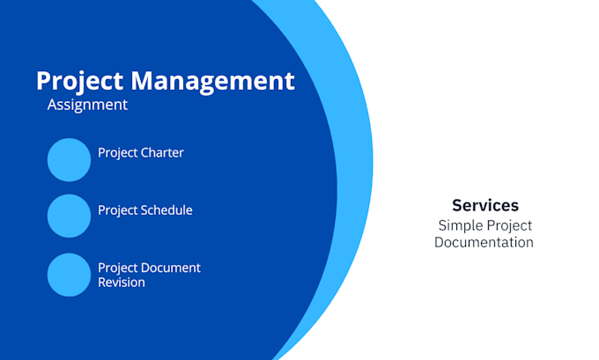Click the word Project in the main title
pyautogui.click(x=80, y=82)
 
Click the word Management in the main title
pyautogui.click(x=212, y=82)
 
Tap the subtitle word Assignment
pyautogui.click(x=87, y=105)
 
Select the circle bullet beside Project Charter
pyautogui.click(x=69, y=159)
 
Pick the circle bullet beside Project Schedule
pyautogui.click(x=69, y=217)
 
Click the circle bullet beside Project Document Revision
pyautogui.click(x=69, y=275)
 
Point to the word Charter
pyautogui.click(x=162, y=153)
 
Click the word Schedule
pyautogui.click(x=166, y=210)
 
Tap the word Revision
pyautogui.click(x=122, y=283)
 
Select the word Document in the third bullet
pyautogui.click(x=172, y=268)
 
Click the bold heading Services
pyautogui.click(x=485, y=205)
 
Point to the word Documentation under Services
pyautogui.click(x=484, y=242)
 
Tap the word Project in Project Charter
pyautogui.click(x=117, y=153)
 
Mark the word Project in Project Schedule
pyautogui.click(x=117, y=210)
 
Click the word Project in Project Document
pyautogui.click(x=117, y=268)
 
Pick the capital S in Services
pyautogui.click(x=457, y=205)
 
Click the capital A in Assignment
pyautogui.click(x=53, y=105)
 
